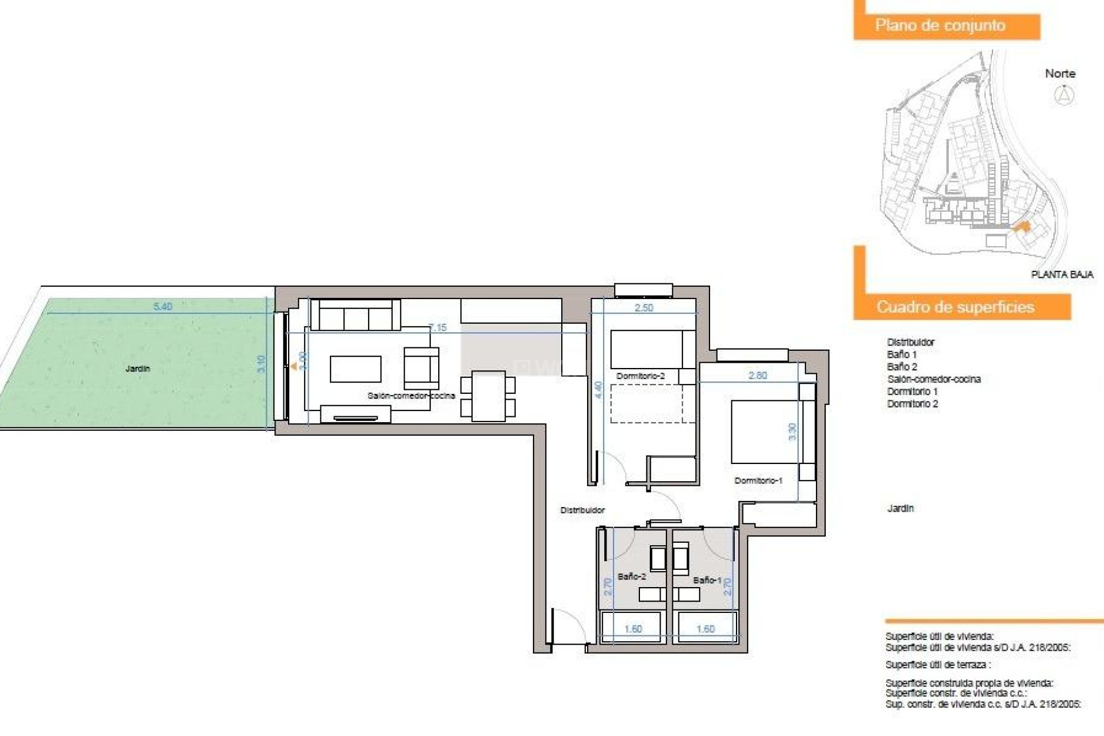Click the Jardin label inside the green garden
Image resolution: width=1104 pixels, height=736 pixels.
(x=137, y=369)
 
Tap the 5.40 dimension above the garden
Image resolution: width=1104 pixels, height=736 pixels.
(x=163, y=306)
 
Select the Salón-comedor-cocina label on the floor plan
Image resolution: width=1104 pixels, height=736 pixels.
(x=411, y=396)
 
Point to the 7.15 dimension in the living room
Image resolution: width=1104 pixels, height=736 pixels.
(x=438, y=328)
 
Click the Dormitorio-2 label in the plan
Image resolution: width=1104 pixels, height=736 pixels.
(x=641, y=376)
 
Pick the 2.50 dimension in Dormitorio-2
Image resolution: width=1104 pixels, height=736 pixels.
(x=644, y=308)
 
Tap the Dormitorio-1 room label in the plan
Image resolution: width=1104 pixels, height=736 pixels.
(x=758, y=480)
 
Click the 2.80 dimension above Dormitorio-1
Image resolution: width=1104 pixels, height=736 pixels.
(x=758, y=375)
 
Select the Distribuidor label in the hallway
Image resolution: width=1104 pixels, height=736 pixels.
(x=582, y=510)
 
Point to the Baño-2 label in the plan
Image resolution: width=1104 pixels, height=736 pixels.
(x=631, y=576)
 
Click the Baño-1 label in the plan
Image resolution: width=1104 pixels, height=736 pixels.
(x=707, y=580)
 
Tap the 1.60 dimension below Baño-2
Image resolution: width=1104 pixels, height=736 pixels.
(x=633, y=629)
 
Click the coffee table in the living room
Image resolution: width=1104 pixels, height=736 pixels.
(x=355, y=369)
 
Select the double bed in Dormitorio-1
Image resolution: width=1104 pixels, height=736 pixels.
(x=765, y=432)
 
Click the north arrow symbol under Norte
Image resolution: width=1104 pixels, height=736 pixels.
(x=1064, y=95)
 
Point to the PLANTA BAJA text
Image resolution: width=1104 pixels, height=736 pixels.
(x=1062, y=275)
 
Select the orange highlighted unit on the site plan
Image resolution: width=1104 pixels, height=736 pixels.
(x=1022, y=227)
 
